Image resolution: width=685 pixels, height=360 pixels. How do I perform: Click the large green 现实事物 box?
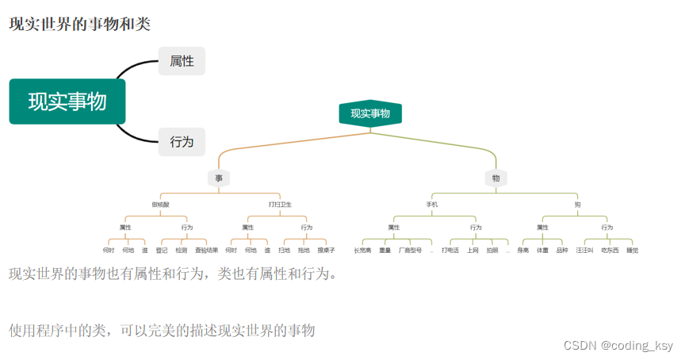[x=67, y=101]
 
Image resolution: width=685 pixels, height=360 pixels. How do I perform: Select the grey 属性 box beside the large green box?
[x=182, y=61]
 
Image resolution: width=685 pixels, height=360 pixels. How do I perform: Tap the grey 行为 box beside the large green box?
[x=182, y=142]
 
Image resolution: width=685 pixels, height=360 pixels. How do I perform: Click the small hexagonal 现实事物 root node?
[x=370, y=114]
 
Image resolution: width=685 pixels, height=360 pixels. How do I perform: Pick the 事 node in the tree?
[x=219, y=178]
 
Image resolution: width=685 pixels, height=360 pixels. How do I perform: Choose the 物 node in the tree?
[x=496, y=178]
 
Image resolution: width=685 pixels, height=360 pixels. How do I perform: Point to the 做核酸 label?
[x=160, y=205]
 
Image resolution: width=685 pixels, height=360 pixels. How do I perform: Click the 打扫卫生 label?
[x=280, y=205]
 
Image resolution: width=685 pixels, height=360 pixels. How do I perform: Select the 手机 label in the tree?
[x=432, y=205]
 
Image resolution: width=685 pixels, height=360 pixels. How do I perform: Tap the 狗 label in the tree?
[x=577, y=205]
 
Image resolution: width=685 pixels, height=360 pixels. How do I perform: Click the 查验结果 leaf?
[x=206, y=251]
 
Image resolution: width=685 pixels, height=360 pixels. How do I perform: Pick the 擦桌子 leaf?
[x=326, y=251]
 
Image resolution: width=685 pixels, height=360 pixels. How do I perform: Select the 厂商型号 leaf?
[x=410, y=251]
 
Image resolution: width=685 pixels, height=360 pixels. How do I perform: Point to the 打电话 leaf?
[x=450, y=251]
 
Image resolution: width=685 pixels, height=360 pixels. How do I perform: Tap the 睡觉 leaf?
[x=632, y=251]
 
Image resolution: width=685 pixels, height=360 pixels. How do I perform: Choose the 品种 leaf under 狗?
[x=562, y=251]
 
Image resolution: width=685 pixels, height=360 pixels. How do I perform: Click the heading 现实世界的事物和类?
[x=79, y=24]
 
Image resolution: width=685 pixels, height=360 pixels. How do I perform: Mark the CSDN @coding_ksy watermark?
[x=618, y=345]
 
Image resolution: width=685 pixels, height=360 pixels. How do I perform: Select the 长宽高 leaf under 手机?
[x=362, y=251]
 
